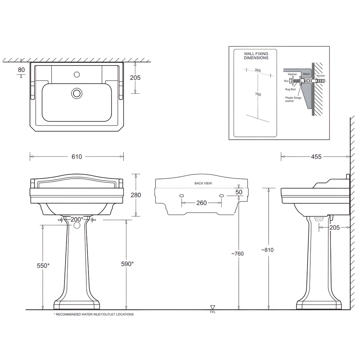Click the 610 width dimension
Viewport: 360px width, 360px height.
77,157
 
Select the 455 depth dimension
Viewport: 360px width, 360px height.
316,157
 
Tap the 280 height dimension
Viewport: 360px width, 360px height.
135,195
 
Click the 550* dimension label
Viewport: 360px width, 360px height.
43,266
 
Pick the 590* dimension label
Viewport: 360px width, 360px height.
127,264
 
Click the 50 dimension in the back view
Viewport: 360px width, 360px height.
239,192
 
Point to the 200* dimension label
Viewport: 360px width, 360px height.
76,219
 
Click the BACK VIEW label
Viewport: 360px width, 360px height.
203,183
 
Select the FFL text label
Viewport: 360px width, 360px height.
213,312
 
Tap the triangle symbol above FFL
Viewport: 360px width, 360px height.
213,307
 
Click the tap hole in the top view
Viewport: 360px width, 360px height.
76,75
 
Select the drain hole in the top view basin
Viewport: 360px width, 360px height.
76,93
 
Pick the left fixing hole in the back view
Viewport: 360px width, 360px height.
181,195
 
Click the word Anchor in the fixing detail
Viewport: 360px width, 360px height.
321,76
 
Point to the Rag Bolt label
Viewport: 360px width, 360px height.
290,90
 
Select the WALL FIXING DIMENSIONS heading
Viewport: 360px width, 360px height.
256,55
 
